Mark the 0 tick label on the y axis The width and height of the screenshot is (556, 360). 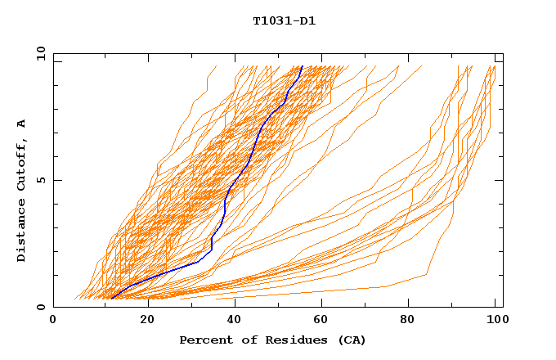(x=41, y=307)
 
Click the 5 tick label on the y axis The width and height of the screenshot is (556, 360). (x=41, y=180)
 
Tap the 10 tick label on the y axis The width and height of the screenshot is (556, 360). (x=38, y=53)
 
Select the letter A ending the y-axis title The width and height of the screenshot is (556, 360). (x=22, y=123)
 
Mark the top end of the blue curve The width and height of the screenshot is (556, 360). (x=302, y=66)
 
